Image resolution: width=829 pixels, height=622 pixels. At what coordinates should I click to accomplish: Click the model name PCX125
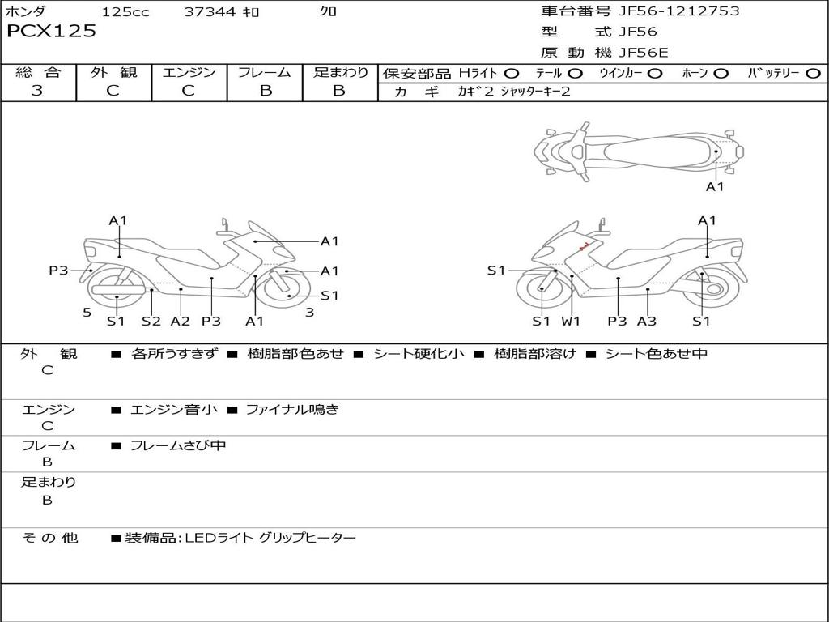(51, 32)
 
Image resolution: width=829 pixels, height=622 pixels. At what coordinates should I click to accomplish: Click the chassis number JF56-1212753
(667, 11)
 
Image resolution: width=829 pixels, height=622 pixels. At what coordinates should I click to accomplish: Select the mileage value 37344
(210, 11)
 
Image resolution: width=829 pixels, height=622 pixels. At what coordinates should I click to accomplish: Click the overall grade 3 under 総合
(37, 91)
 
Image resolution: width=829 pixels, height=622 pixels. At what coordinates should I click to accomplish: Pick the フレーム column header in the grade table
(265, 72)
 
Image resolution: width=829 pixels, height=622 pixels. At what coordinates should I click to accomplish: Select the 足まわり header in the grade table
(340, 72)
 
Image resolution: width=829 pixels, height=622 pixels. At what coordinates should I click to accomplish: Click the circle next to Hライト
(512, 73)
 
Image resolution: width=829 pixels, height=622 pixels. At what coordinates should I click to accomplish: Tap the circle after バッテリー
(813, 73)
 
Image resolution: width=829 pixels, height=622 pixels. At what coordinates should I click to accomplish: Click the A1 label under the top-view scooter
(715, 187)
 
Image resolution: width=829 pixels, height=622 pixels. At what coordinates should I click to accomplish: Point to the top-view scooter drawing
(638, 151)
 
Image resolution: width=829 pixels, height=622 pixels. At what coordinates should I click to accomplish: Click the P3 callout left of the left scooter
(58, 271)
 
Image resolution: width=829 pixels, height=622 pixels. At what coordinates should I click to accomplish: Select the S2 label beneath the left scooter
(151, 321)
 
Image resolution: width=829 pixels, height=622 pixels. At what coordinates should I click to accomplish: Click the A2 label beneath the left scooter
(180, 321)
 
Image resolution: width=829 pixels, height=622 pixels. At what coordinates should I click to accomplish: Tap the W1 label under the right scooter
(572, 321)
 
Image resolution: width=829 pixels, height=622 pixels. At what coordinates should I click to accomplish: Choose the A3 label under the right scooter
(646, 321)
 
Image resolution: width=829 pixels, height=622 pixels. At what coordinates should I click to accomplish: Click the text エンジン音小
(174, 410)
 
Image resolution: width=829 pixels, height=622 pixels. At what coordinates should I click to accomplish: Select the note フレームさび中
(178, 445)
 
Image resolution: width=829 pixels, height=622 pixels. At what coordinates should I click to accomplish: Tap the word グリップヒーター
(307, 538)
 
